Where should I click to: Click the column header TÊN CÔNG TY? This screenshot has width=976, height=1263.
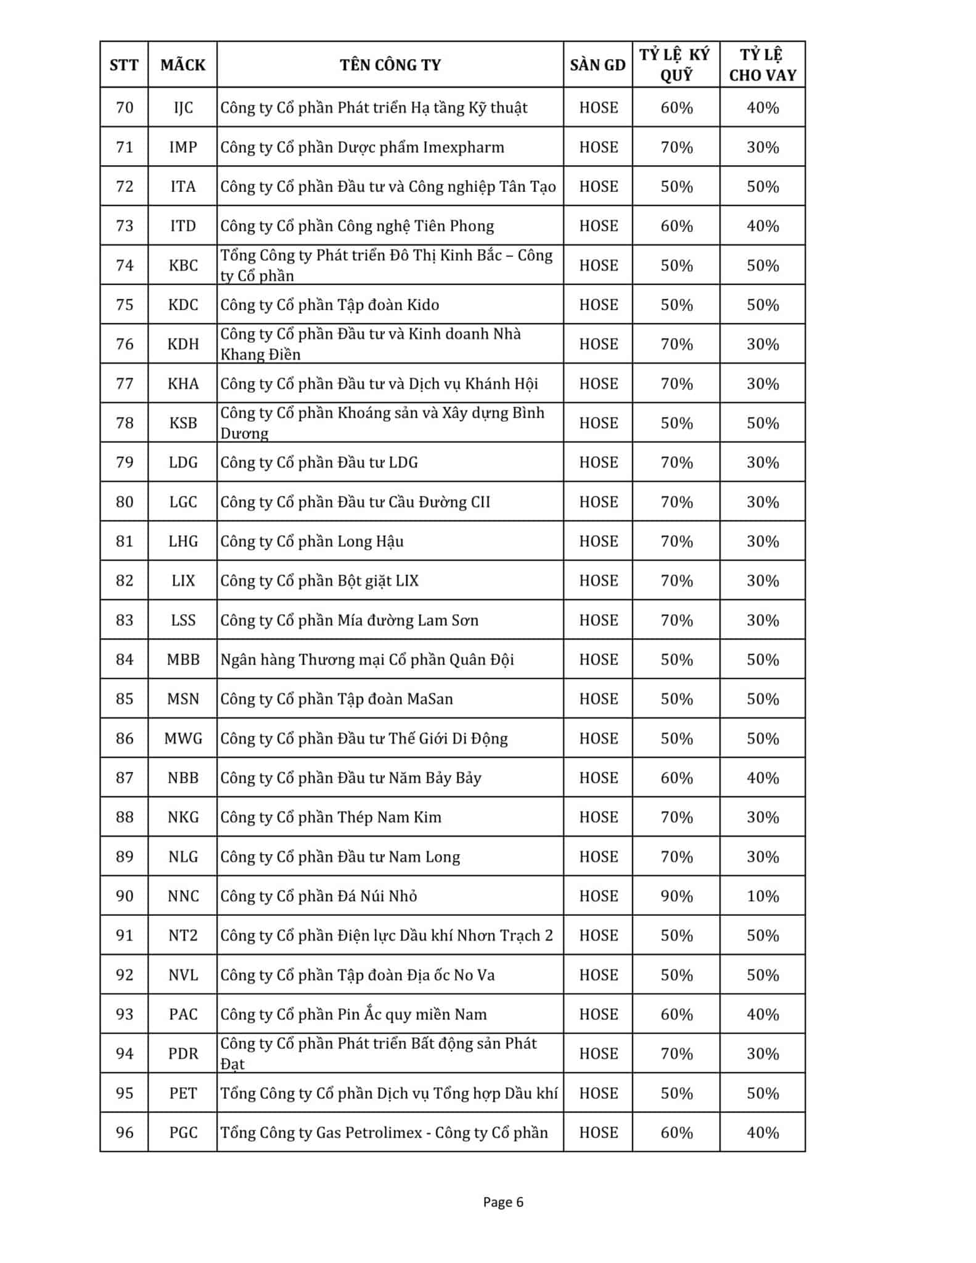point(390,65)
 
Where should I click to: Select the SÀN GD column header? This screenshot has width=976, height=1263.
point(597,65)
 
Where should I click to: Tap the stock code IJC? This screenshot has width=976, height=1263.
point(183,108)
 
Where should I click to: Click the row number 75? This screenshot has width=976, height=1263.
point(125,305)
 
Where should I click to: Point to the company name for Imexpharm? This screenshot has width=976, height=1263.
point(363,147)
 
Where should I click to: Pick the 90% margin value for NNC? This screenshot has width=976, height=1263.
point(676,896)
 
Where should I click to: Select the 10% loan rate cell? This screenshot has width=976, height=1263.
point(763,896)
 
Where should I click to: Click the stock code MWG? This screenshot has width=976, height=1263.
point(183,738)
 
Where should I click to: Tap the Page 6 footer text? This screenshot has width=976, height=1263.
point(503,1202)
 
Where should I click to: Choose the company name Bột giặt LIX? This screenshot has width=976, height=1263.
point(319,581)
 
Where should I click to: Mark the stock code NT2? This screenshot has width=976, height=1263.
point(183,936)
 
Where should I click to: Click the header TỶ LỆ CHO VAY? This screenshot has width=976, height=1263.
point(763,65)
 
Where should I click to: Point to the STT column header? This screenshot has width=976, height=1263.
point(124,65)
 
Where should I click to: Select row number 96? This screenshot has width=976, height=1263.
point(125,1132)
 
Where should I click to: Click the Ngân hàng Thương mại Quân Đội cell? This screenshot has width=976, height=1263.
point(367,660)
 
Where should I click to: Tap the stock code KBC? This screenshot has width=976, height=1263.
point(183,265)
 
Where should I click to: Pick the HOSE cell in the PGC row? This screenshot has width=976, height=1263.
point(598,1132)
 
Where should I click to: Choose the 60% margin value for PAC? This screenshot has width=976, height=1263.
point(676,1014)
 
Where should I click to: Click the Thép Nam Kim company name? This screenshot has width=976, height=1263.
point(331,817)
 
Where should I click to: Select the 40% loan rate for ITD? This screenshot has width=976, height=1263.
point(763,226)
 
